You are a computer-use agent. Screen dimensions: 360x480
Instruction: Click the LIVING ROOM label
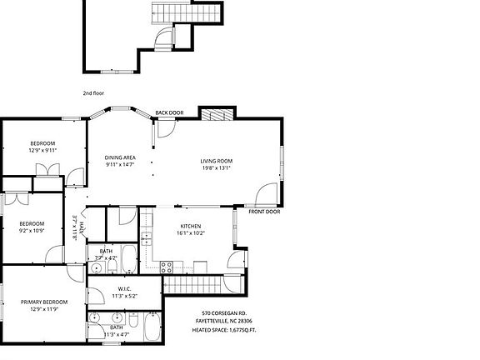coord(216,161)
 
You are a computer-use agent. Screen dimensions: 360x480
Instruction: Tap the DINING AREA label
coord(120,157)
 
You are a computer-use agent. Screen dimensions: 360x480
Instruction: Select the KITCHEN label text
coord(190,227)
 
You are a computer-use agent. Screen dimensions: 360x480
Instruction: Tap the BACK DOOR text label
coord(169,112)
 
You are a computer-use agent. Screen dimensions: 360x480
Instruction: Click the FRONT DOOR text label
coord(263,212)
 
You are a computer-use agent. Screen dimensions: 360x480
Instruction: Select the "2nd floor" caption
coord(92,92)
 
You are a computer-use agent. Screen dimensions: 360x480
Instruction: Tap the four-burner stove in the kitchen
coord(166,267)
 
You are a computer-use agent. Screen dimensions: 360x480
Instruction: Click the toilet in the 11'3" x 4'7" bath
coord(133,319)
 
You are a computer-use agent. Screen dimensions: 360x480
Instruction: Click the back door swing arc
coord(164,127)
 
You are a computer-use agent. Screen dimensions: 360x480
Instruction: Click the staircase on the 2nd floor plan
coord(187,12)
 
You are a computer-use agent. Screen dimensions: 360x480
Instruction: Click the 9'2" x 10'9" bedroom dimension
coord(32,231)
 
